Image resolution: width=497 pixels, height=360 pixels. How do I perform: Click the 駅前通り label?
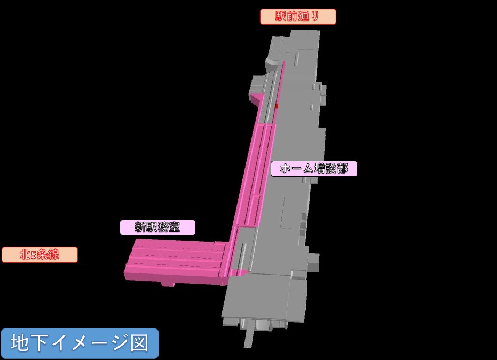[x=298, y=17]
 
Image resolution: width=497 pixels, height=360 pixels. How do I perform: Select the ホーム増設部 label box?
[x=314, y=169]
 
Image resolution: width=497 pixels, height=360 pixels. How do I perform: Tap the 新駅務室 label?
[x=157, y=228]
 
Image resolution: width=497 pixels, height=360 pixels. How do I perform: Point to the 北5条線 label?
[x=40, y=255]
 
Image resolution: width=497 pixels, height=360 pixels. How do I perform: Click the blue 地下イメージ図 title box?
[x=80, y=343]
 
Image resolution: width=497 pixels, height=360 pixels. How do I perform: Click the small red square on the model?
[x=277, y=106]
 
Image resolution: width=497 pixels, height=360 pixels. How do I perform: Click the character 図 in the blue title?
[x=140, y=343]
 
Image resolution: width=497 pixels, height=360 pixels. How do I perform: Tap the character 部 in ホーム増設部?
[x=342, y=168]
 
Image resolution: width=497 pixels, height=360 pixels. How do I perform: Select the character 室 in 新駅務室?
[x=175, y=228]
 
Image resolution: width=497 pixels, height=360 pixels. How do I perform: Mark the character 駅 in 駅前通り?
[x=281, y=16]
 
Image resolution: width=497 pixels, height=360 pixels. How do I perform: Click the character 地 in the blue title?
[x=20, y=343]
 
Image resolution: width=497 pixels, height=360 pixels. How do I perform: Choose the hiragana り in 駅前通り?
[x=314, y=16]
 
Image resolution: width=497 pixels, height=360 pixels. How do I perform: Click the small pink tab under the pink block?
[x=168, y=284]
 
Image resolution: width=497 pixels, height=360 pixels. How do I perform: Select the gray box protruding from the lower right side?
[x=314, y=262]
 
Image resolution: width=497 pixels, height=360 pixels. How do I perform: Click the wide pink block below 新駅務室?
[x=176, y=263]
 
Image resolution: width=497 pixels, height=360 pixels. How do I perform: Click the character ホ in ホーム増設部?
[x=286, y=168]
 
